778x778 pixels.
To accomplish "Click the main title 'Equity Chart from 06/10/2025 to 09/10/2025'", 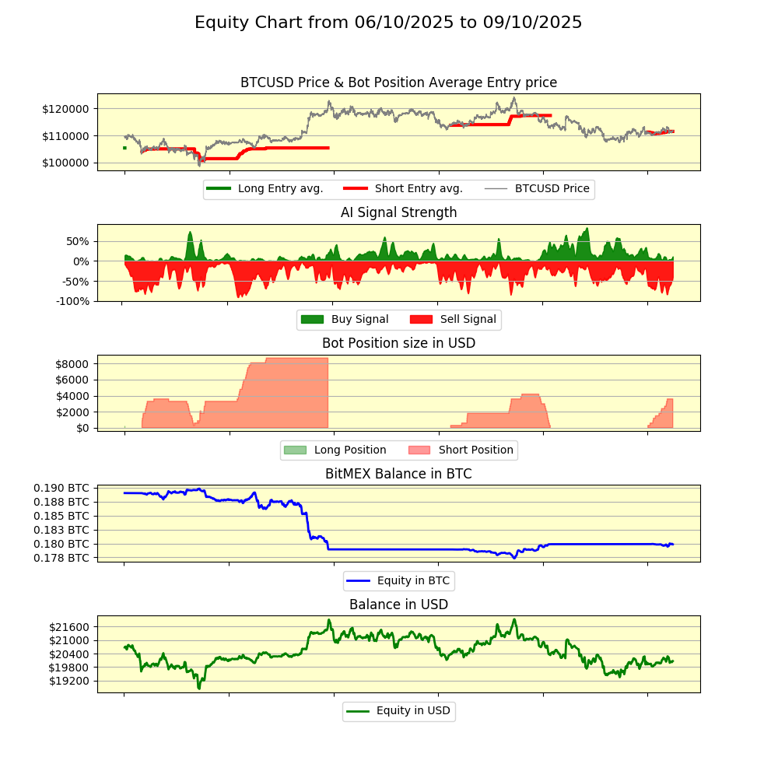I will (x=388, y=23).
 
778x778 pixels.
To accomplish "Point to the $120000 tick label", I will (x=65, y=108).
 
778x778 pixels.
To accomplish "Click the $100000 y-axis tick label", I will (x=65, y=163).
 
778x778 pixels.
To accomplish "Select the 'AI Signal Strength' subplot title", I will (x=398, y=212).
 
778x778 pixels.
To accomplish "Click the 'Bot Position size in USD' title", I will (x=398, y=343).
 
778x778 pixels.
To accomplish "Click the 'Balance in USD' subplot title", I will (x=398, y=605).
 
